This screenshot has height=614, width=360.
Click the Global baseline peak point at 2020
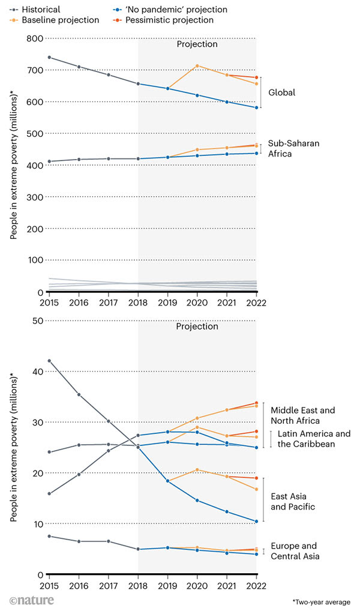pyautogui.click(x=197, y=66)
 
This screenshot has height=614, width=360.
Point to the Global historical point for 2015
pyautogui.click(x=49, y=58)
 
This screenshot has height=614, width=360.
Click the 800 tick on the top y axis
pyautogui.click(x=35, y=38)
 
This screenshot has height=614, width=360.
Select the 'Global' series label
pyautogui.click(x=281, y=92)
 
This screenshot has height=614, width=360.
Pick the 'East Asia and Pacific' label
pyautogui.click(x=293, y=502)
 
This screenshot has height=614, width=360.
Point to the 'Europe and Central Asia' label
pyautogui.click(x=295, y=551)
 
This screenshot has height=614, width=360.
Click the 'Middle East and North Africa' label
pyautogui.click(x=302, y=415)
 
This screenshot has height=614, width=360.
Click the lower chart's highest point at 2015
pyautogui.click(x=49, y=361)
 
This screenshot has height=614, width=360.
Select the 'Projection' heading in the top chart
pyautogui.click(x=197, y=44)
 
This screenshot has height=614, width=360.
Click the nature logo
pyautogui.click(x=32, y=600)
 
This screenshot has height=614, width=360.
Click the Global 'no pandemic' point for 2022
pyautogui.click(x=256, y=108)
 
